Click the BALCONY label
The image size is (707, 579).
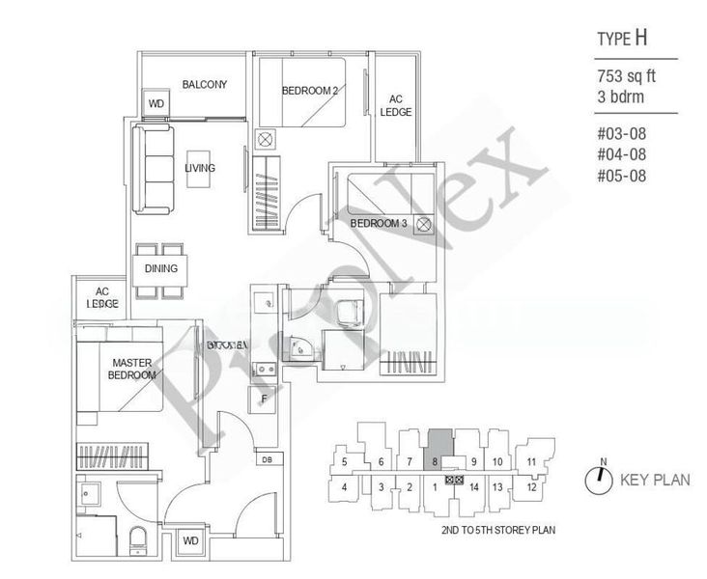tap(204, 85)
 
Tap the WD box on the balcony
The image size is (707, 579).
tap(155, 104)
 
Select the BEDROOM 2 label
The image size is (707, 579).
tap(309, 91)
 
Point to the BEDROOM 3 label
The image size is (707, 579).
tap(379, 224)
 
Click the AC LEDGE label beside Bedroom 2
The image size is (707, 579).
tap(400, 105)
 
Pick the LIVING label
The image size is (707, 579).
tap(200, 168)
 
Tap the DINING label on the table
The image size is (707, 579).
tap(160, 269)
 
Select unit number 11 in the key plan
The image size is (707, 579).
tap(532, 462)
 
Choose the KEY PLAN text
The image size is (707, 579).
tap(655, 478)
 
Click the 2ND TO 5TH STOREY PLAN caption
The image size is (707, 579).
tap(491, 530)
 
